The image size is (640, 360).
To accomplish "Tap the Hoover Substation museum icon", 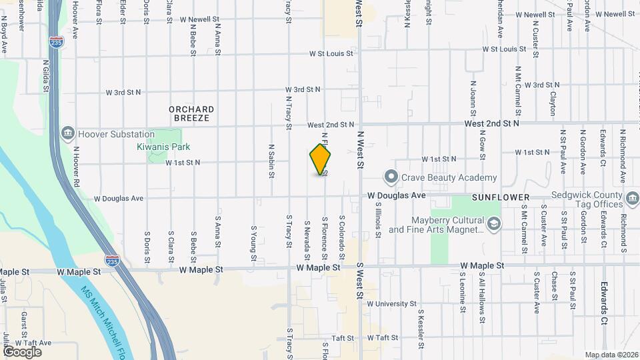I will pos(67,134).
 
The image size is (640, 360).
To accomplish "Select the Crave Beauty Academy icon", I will pos(391,177).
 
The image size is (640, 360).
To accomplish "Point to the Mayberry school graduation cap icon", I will pos(493,225).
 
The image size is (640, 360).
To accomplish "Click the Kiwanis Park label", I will pos(163,147).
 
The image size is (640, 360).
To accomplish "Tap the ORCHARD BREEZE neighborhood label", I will pos(191,113).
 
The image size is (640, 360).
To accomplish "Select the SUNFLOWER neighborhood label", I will pos(500,198).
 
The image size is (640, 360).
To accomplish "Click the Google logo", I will pos(22,351).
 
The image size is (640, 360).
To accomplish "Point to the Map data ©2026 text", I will pos(610,355).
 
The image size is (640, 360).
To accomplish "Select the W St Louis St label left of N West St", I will pos(331,53).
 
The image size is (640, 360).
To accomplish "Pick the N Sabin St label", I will pos(271,161).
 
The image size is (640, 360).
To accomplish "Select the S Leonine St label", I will pos(462,292).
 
